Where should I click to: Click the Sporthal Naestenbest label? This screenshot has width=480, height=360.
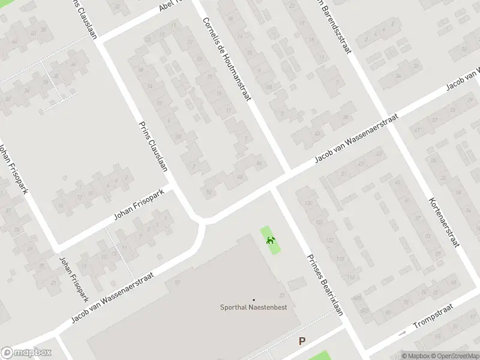[x=253, y=307]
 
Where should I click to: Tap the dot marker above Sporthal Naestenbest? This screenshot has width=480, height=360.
[x=253, y=299]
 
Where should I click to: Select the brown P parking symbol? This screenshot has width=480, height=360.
[x=302, y=341]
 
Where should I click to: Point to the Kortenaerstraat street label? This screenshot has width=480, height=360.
[x=445, y=222]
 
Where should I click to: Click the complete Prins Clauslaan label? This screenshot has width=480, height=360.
[x=153, y=147]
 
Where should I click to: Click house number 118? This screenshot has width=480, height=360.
[x=340, y=259]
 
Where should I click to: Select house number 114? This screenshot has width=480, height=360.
[x=350, y=277]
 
